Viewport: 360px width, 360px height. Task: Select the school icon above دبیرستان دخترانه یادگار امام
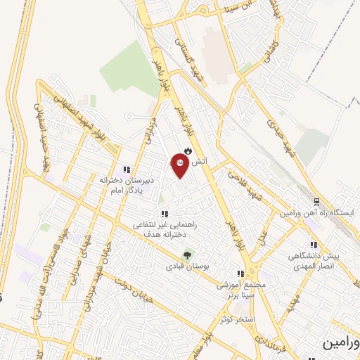pos(127,169)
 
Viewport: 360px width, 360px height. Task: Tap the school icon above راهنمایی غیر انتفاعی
pos(164,214)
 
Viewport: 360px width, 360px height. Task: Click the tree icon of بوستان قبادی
pos(187,256)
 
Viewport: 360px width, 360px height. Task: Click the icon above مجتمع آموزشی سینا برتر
pos(240,274)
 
